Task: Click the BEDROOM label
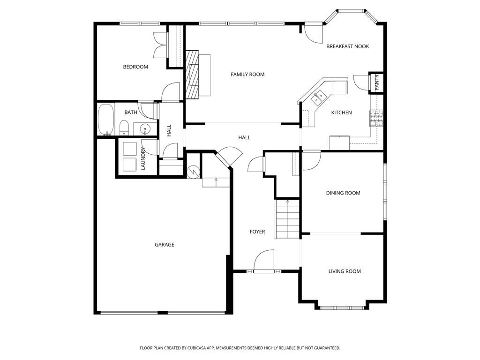(x=135, y=67)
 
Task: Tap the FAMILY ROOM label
(x=247, y=75)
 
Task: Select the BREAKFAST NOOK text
(x=347, y=46)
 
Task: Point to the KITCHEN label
(x=341, y=112)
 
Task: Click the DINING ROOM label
(x=343, y=193)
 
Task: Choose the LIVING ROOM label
(x=345, y=271)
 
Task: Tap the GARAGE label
(x=165, y=245)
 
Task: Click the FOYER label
(x=257, y=232)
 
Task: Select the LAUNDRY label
(x=143, y=158)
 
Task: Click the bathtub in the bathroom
(x=106, y=120)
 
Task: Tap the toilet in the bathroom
(x=124, y=127)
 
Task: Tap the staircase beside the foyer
(x=287, y=219)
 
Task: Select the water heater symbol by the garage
(x=193, y=172)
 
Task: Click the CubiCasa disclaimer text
(x=240, y=348)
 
